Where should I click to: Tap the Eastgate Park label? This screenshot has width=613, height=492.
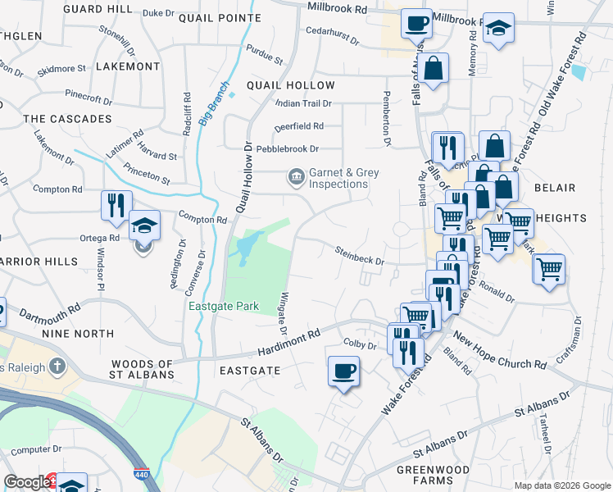click(224, 307)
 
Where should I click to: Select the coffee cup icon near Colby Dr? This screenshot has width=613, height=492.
click(343, 371)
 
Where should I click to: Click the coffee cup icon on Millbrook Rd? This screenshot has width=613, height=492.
click(416, 22)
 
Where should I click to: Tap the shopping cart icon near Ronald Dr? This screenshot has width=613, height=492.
click(549, 269)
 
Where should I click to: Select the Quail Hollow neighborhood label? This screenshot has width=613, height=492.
click(291, 85)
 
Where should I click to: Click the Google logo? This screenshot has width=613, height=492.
click(26, 482)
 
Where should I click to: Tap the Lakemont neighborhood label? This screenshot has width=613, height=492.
click(128, 66)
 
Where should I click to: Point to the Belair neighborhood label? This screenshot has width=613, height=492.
click(554, 188)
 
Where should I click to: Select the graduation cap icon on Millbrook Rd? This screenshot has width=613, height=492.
click(498, 30)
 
